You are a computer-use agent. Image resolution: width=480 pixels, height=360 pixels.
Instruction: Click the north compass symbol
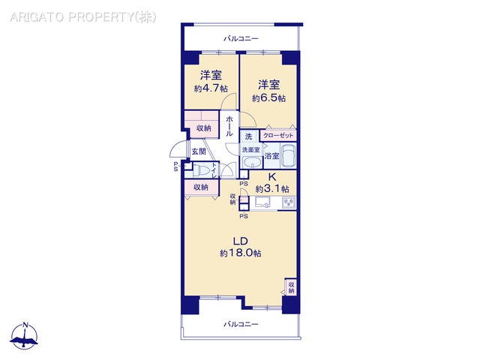point(25,336)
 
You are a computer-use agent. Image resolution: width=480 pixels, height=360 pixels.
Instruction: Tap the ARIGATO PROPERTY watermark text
point(83,17)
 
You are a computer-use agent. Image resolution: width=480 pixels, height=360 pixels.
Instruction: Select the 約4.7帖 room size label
point(211,88)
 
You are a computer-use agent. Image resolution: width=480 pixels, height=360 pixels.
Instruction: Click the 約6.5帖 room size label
point(268,98)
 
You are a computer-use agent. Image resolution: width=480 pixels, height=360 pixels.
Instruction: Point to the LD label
point(240,241)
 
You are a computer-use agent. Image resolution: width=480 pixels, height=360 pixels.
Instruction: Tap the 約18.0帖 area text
point(240,253)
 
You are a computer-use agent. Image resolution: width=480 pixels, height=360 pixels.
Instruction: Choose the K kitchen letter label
point(272,177)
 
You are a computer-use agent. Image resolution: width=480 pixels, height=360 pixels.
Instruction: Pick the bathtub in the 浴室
point(288,155)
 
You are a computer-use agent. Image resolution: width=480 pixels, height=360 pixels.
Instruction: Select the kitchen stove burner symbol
point(288,203)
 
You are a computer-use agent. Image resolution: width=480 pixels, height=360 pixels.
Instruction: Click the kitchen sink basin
point(263,202)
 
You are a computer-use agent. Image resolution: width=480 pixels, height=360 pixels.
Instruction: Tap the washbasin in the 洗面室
point(252,162)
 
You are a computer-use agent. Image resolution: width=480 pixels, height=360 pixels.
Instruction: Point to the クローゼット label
point(278,135)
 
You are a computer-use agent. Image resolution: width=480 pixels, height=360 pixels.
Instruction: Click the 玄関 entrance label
point(198,151)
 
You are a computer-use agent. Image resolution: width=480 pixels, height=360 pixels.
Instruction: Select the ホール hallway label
point(229,126)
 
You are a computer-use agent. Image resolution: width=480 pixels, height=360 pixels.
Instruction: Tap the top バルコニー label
point(241,38)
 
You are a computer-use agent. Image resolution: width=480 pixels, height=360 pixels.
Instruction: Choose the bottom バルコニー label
point(241,324)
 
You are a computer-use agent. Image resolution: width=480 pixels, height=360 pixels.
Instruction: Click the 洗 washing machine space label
point(248,136)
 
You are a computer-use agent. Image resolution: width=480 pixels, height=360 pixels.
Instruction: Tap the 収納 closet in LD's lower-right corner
point(291,287)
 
